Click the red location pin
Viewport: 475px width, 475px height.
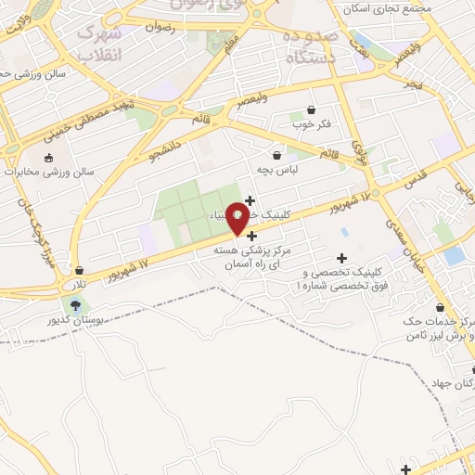(x=237, y=218)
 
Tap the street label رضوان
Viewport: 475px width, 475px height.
(x=160, y=27)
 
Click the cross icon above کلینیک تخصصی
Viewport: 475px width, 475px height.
(x=341, y=258)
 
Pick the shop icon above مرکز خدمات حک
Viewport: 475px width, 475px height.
(x=440, y=308)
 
